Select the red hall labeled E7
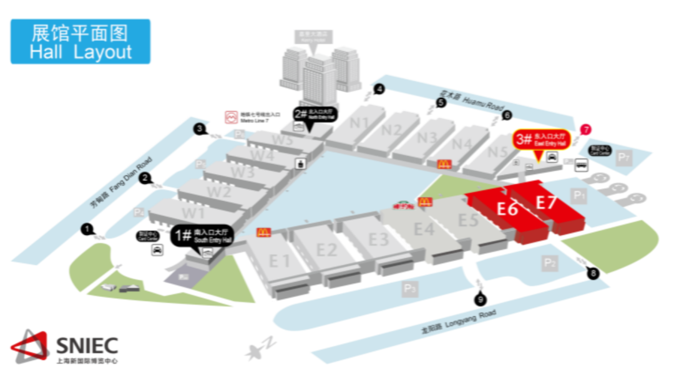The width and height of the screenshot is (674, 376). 546,203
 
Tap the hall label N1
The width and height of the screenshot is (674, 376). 359,123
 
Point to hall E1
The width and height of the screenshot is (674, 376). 280,260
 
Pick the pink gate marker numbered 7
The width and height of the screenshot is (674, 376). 585,130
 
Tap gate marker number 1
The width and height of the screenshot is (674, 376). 87,229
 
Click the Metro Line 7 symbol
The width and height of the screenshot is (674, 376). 230,116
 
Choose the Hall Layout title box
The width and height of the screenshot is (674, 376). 81,41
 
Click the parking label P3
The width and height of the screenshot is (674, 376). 409,288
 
